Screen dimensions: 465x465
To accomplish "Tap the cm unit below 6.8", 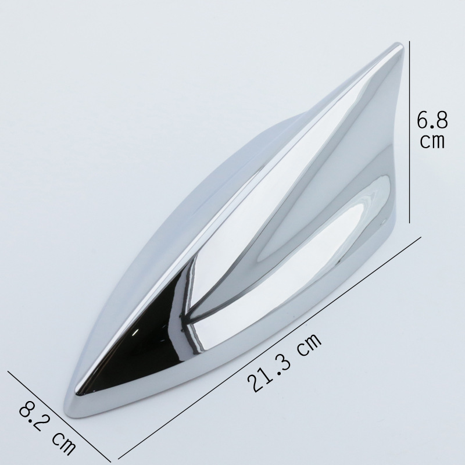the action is pyautogui.click(x=432, y=141).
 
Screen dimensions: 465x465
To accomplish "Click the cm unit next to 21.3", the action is pyautogui.click(x=309, y=345).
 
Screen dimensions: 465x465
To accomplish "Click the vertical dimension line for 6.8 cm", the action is pyautogui.click(x=410, y=132).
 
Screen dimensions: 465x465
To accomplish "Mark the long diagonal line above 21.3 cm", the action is pyautogui.click(x=270, y=348).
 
